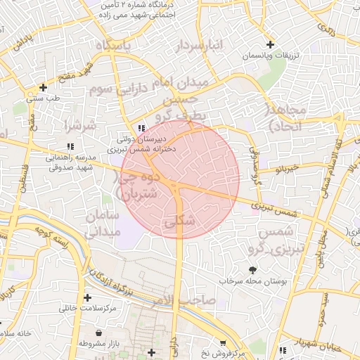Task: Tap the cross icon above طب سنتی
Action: pos(44,88)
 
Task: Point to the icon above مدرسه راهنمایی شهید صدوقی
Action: pos(70,146)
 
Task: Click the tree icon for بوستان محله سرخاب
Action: pos(252,269)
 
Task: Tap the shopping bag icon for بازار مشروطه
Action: pos(98,333)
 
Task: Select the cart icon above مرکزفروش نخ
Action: pos(223,342)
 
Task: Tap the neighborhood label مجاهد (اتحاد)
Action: pos(285,117)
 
